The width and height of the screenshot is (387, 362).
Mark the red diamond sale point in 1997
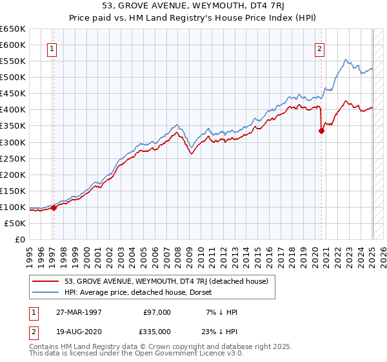pyautogui.click(x=54, y=208)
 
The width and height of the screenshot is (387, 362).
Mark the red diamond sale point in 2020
pyautogui.click(x=321, y=131)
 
